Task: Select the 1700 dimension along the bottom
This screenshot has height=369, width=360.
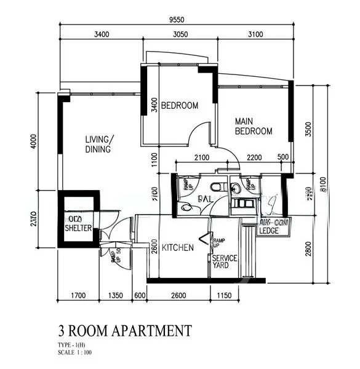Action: [x=78, y=296]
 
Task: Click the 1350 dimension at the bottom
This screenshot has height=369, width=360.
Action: [x=117, y=296]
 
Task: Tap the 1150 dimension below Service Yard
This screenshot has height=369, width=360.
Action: [x=226, y=296]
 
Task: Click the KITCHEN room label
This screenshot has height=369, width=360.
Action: [x=178, y=248]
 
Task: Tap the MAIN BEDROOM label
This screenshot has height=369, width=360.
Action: [x=253, y=126]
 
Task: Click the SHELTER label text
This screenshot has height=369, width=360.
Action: [x=78, y=228]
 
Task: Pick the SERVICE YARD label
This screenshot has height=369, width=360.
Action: [x=224, y=261]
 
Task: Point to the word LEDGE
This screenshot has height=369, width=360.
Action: [x=269, y=231]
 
